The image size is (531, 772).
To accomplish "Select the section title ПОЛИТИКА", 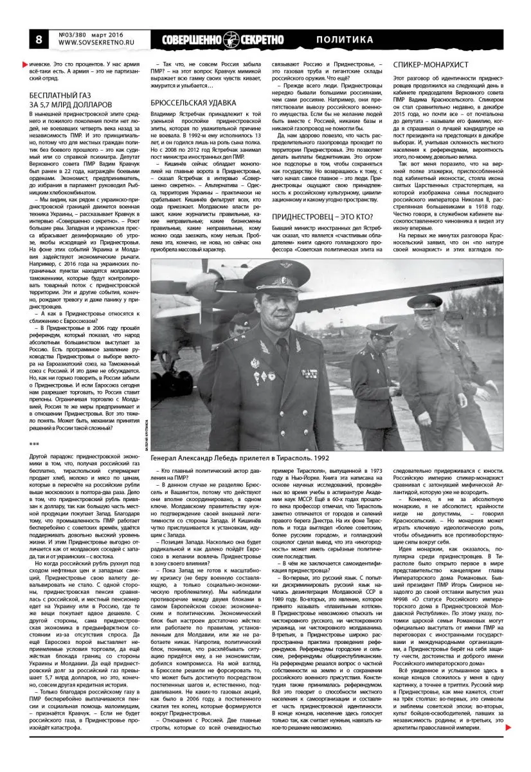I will point(345,40).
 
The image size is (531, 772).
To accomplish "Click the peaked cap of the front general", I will point(278,270).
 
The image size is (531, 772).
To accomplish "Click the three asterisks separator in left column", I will point(35,444).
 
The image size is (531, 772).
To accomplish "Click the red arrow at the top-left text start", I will point(24,64).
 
